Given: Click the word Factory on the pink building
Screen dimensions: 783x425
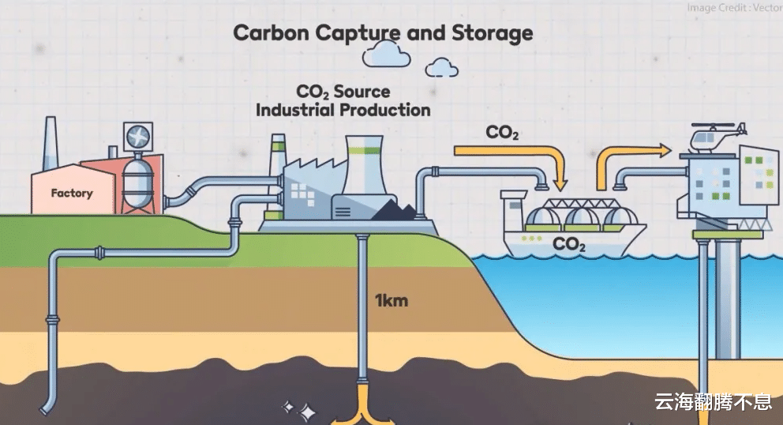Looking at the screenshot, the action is point(72,193).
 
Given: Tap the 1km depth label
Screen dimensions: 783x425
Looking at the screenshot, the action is point(391,301).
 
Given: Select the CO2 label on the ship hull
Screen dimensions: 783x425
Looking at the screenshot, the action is point(568,244).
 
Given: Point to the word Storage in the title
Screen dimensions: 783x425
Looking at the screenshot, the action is point(493,33).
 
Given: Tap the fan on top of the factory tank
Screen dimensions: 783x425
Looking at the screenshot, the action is point(140,136).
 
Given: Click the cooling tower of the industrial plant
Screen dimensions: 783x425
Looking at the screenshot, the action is point(364,167).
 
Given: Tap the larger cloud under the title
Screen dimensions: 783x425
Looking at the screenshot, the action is point(386,55).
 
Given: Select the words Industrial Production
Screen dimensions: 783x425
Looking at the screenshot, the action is point(343,110).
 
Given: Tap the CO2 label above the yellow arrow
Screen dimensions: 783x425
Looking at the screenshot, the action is point(501,131).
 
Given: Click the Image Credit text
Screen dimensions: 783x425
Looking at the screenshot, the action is point(734,8).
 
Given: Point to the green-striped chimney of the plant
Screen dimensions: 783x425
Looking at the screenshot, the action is point(277,158).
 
